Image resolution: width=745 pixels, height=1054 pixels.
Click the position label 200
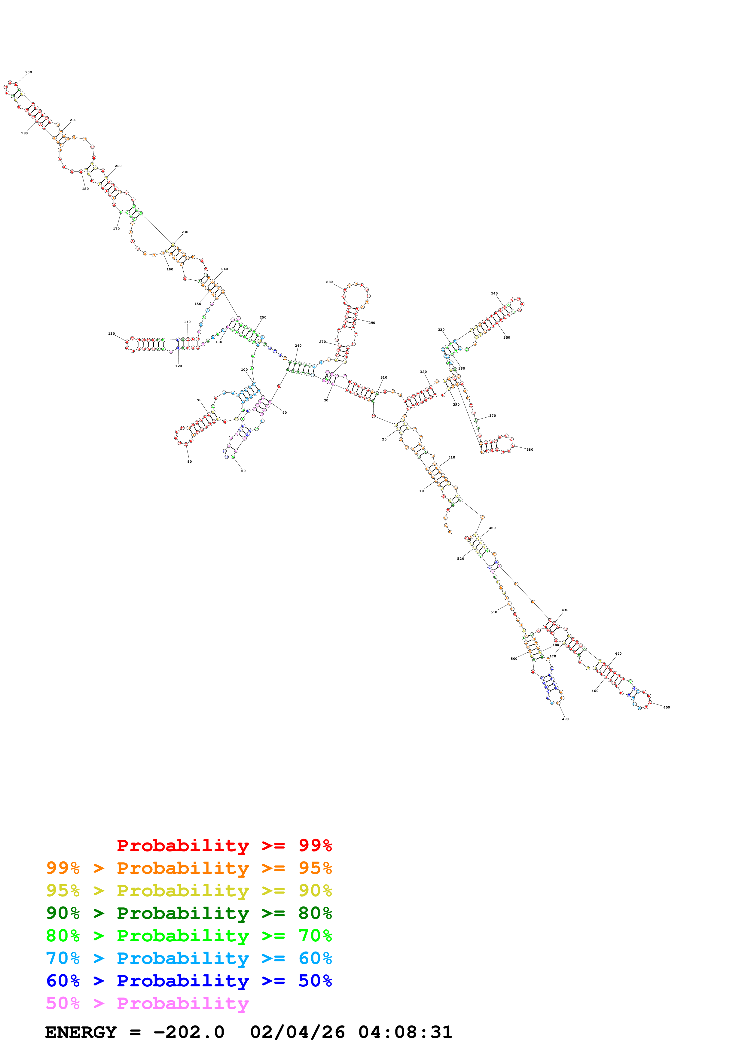coord(29,72)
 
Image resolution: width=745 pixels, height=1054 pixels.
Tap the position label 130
coord(111,334)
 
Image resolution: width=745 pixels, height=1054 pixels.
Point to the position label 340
coord(494,293)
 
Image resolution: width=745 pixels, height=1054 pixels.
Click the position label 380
coord(530,449)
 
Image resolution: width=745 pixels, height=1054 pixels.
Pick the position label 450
coord(667,707)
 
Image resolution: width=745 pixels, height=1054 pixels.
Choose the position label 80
coord(190,462)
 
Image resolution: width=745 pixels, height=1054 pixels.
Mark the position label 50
coord(243,471)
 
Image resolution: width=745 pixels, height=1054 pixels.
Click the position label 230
coord(185,232)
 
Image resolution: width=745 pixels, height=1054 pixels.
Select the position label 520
coord(460,558)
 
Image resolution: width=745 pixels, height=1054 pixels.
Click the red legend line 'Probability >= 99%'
coord(224,845)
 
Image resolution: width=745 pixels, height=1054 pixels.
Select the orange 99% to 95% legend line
coord(189,868)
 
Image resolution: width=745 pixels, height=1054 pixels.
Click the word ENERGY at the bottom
coord(81,1032)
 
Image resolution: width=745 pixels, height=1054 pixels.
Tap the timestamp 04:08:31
coord(405,1032)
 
